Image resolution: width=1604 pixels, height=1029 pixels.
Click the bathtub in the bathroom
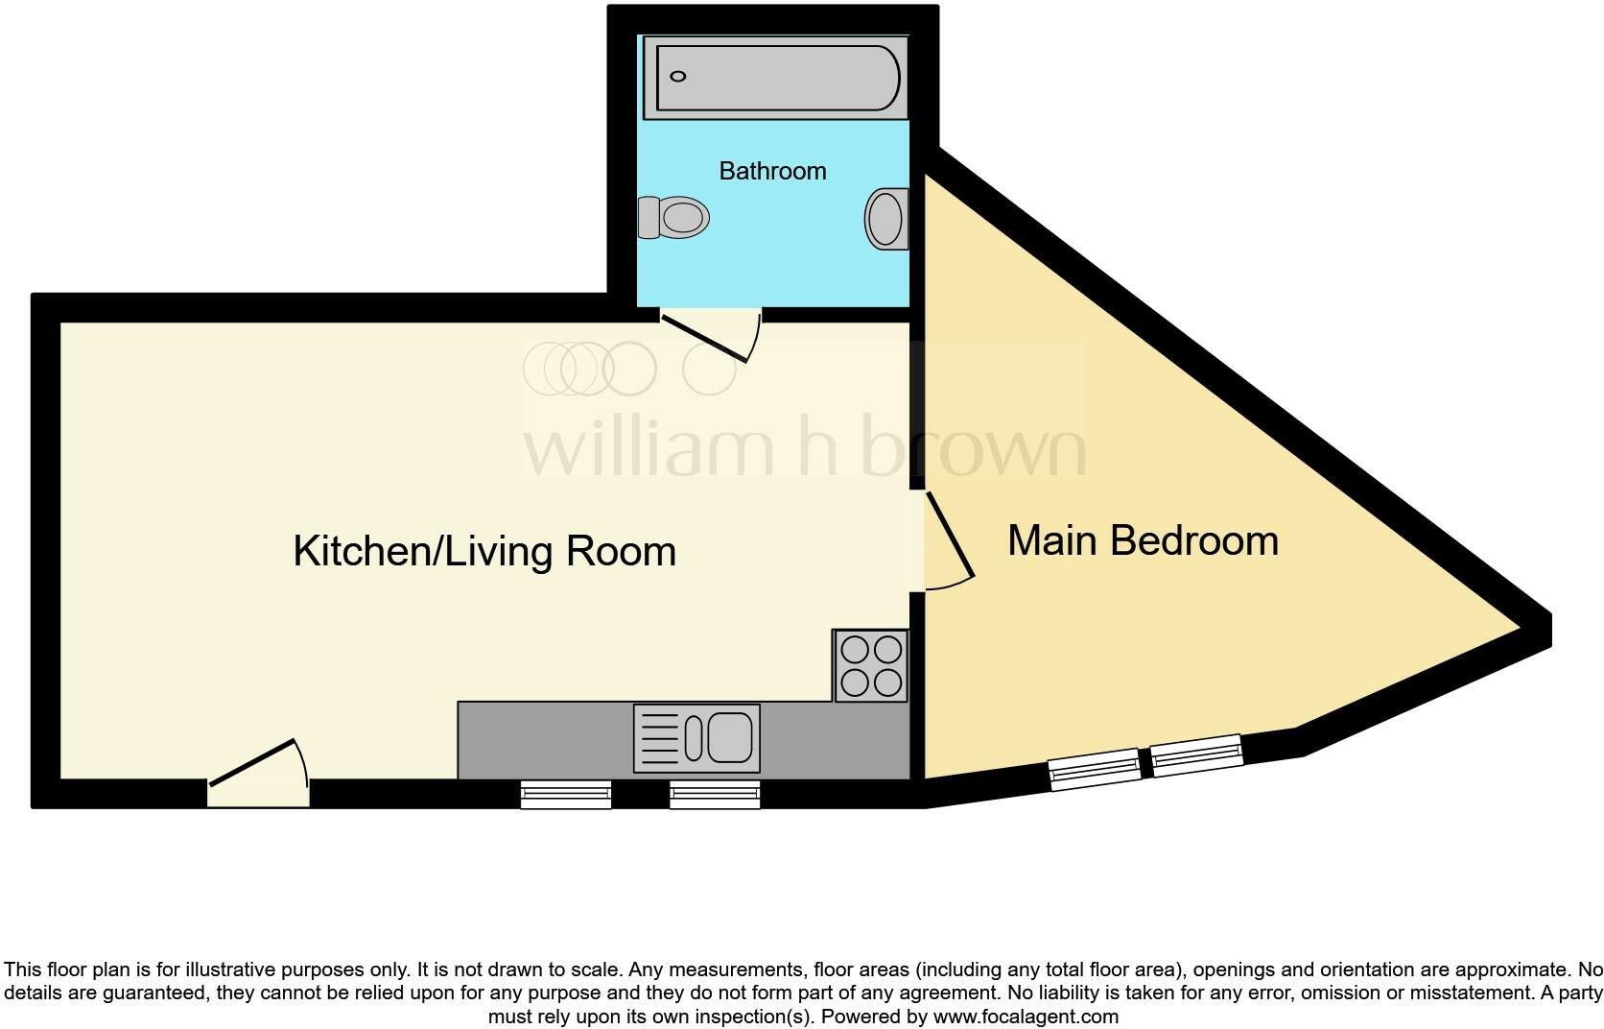(775, 77)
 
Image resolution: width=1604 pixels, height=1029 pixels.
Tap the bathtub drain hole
(678, 77)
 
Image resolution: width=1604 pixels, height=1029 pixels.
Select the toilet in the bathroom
(673, 217)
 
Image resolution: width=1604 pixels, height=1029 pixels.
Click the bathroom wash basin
(886, 219)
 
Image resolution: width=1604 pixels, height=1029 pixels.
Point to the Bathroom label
(772, 171)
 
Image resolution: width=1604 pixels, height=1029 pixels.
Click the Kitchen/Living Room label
(484, 551)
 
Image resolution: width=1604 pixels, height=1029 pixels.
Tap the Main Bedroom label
(1143, 540)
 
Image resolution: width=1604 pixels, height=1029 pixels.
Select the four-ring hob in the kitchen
(871, 666)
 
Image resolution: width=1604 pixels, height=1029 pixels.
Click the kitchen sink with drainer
(696, 738)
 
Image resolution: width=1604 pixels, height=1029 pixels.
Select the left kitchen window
(566, 795)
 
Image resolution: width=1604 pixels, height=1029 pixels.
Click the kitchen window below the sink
(715, 795)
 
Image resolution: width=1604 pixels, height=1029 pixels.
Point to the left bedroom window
(1095, 771)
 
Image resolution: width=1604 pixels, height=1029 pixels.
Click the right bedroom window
(1196, 754)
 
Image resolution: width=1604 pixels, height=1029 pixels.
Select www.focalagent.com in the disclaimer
(1026, 1017)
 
